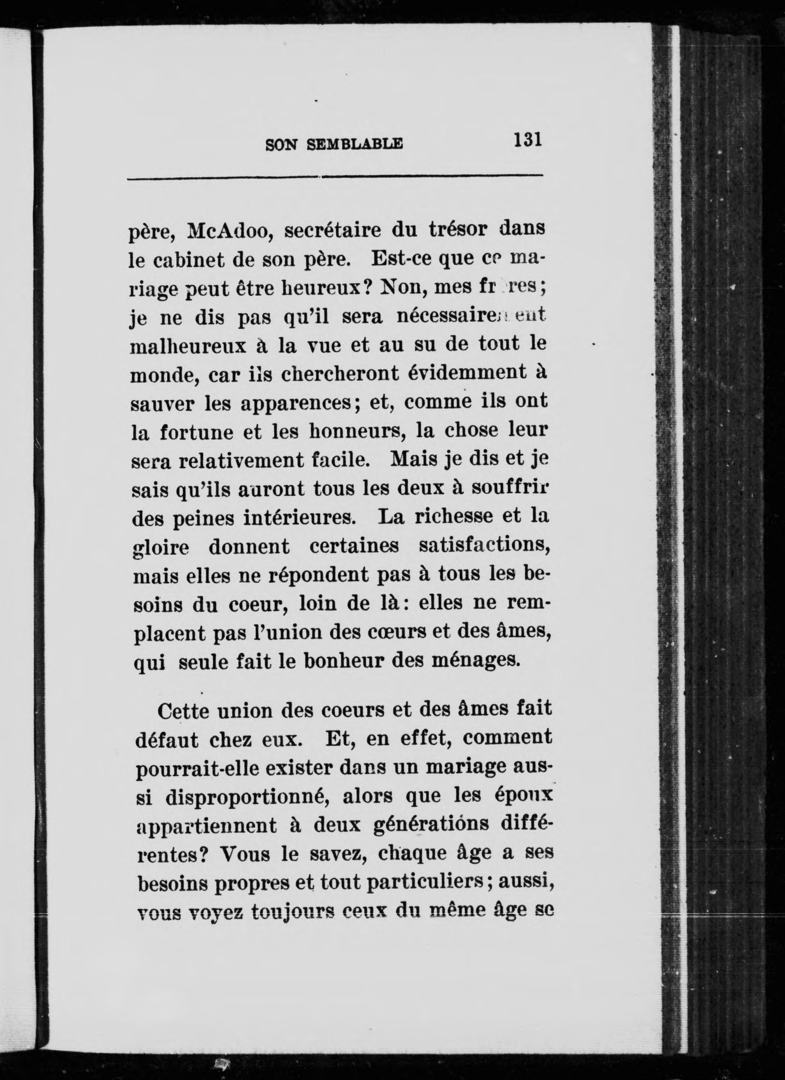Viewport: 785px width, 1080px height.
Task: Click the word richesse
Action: pos(454,518)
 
